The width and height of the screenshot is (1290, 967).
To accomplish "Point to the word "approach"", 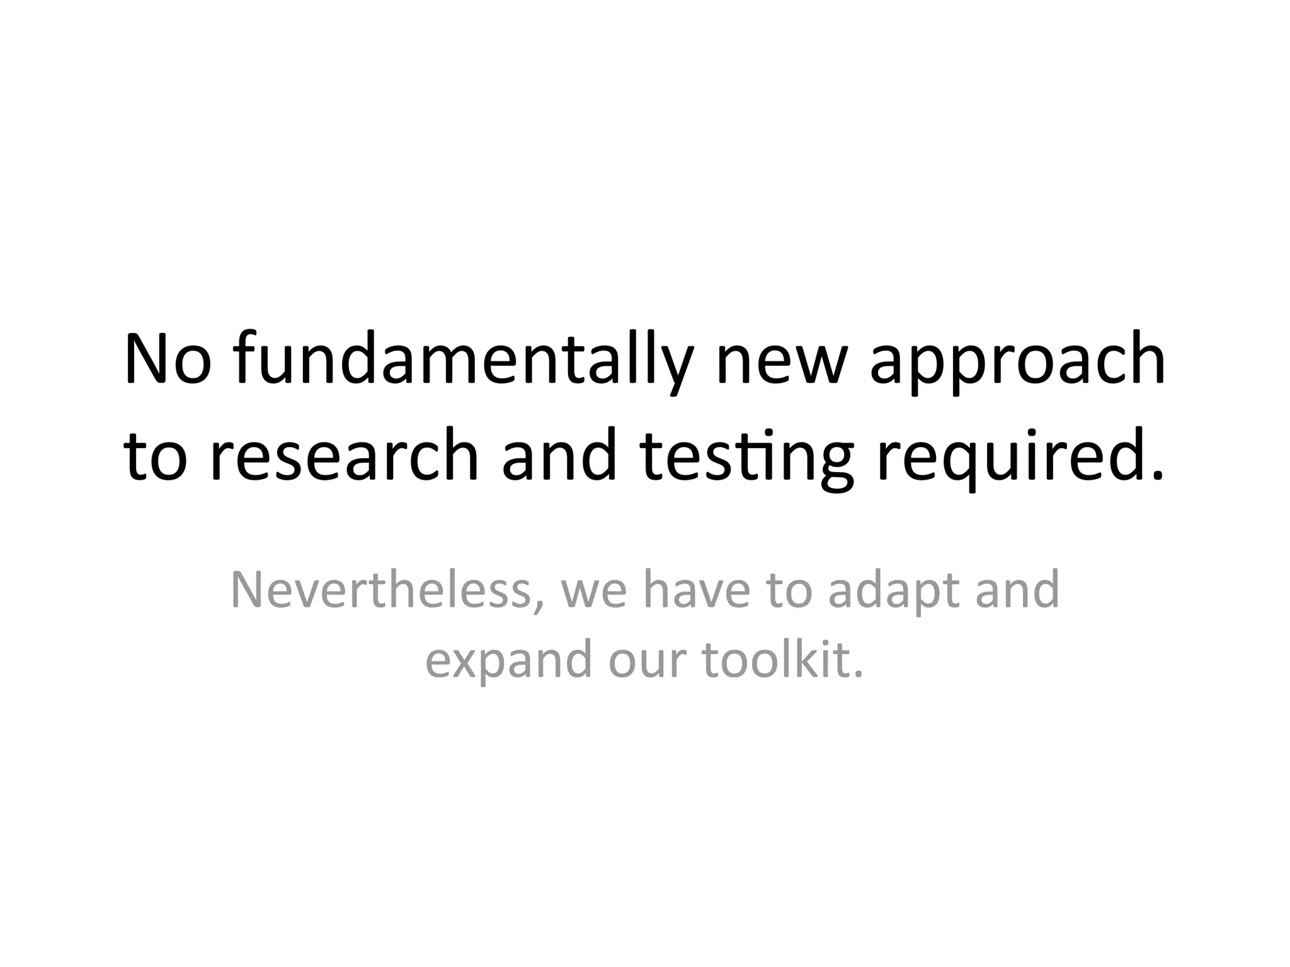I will point(1017,363).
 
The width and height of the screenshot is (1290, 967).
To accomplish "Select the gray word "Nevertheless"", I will point(380,591).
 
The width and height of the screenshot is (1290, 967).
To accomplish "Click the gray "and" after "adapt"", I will point(1017,591).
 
